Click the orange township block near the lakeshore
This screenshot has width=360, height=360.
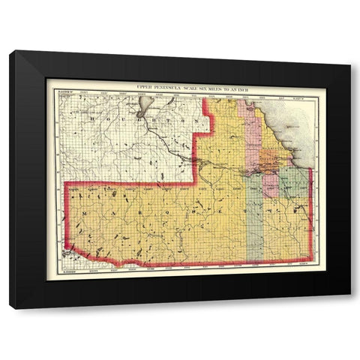pos(270,160)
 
